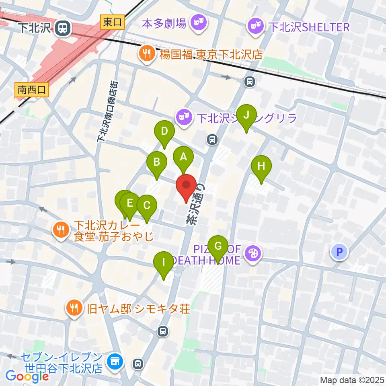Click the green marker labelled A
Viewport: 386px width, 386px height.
click(x=183, y=157)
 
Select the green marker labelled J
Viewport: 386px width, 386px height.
click(x=246, y=115)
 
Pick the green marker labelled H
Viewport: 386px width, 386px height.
click(x=261, y=166)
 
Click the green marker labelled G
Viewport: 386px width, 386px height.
click(x=218, y=246)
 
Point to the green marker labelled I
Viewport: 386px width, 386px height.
click(x=164, y=262)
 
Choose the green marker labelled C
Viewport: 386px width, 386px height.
click(x=147, y=205)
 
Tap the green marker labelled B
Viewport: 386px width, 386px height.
click(x=157, y=162)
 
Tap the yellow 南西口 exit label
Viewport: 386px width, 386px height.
click(x=32, y=90)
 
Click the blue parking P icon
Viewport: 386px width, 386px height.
click(x=339, y=252)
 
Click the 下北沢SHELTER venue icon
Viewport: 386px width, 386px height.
click(x=256, y=27)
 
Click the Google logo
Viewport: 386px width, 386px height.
click(x=27, y=376)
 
